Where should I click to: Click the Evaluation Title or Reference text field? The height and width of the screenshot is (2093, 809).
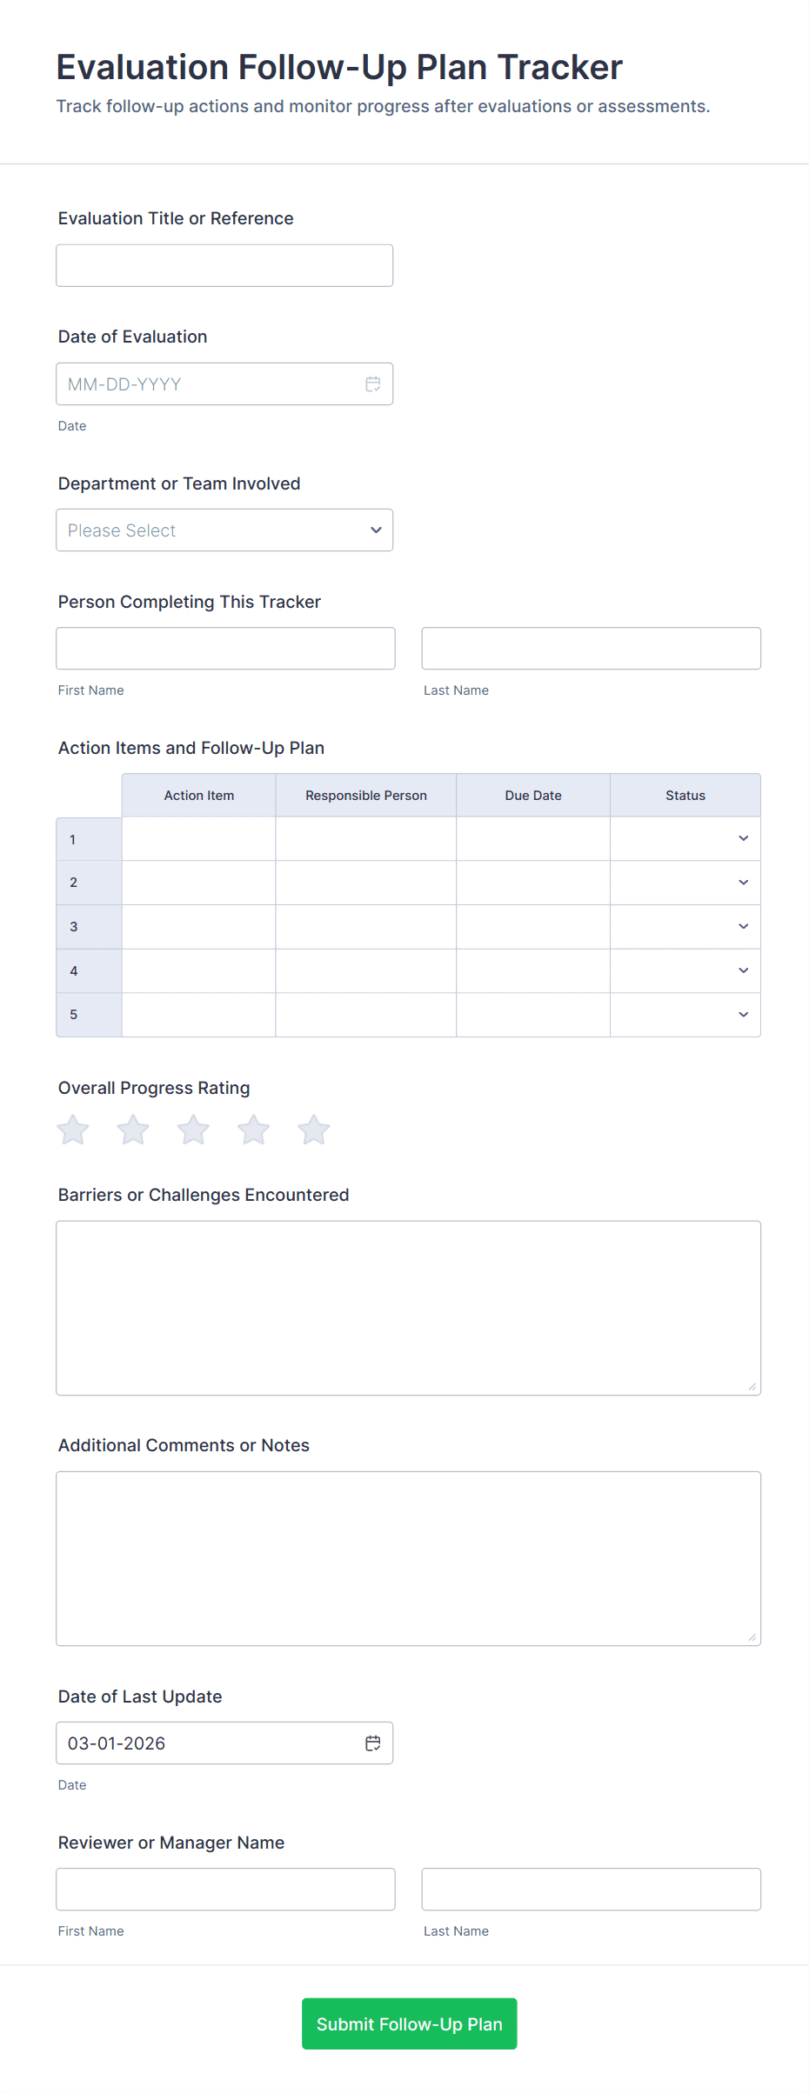(x=224, y=265)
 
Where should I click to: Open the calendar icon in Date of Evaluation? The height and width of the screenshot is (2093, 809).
(x=373, y=384)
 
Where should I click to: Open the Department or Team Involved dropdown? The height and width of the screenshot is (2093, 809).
(x=224, y=530)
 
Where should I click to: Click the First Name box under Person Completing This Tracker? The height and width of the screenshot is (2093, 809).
(x=225, y=649)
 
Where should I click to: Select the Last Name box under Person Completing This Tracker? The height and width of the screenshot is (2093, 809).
(x=591, y=649)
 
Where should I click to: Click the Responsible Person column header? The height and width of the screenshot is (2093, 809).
(x=365, y=796)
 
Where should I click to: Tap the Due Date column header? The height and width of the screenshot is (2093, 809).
(x=533, y=796)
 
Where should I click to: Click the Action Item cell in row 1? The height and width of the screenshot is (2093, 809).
(x=198, y=839)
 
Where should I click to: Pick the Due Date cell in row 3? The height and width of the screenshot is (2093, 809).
(x=533, y=927)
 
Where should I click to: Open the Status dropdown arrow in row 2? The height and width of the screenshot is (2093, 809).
(x=743, y=883)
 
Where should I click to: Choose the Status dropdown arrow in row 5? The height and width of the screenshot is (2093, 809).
(x=743, y=1015)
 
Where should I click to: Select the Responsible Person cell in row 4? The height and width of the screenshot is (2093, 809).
(x=365, y=971)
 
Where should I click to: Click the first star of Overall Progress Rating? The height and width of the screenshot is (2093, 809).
(x=73, y=1130)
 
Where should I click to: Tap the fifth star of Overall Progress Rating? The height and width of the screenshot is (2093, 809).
(x=314, y=1130)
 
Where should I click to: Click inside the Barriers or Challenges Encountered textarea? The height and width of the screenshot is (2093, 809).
(x=408, y=1308)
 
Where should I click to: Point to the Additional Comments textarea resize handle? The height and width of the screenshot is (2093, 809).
(x=752, y=1637)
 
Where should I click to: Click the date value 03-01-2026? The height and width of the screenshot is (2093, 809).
(x=117, y=1743)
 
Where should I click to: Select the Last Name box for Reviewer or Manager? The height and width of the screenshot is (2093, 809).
(x=591, y=1890)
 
